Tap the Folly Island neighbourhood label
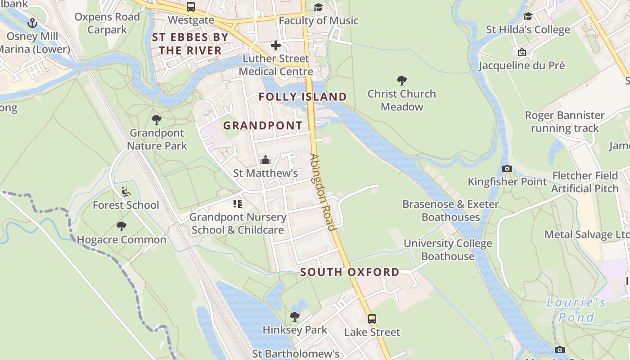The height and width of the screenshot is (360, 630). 303,97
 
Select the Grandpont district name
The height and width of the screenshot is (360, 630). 263,126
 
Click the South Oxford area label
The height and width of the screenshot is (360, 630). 350,272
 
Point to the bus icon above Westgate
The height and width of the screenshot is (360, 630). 191,7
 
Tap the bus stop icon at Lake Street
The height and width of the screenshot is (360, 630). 372,319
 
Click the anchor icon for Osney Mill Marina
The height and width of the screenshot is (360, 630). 32,22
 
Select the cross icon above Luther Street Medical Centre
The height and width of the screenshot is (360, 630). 276,45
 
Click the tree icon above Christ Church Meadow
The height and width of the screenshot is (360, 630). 402,81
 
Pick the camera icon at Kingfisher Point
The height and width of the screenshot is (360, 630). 507,169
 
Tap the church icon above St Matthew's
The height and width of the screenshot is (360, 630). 265,160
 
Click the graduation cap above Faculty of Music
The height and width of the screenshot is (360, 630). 319,7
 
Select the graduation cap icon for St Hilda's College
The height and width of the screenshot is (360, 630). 528,17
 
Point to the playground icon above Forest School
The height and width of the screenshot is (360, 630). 126,192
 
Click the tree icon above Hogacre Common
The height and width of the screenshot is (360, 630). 121,226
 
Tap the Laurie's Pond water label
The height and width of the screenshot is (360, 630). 576,310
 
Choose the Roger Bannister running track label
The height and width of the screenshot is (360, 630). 565,121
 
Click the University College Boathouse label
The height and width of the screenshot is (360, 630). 448,250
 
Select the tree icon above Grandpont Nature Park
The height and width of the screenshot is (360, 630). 157,120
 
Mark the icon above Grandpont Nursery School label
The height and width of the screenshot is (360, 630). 238,204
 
